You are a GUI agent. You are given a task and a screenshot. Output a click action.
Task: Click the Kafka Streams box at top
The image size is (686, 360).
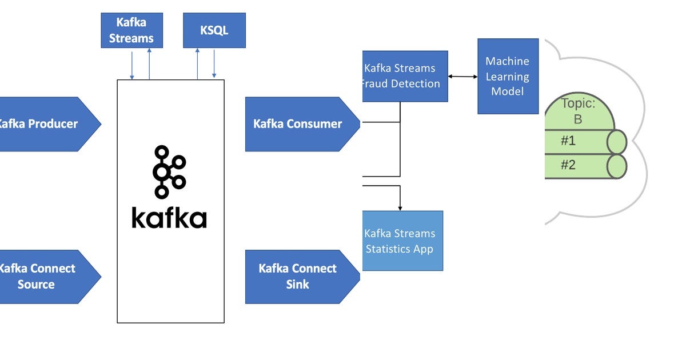point(131,30)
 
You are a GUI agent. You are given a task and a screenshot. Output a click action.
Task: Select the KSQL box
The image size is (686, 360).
point(214,30)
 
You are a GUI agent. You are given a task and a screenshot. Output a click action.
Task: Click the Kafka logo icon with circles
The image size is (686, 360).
point(169,172)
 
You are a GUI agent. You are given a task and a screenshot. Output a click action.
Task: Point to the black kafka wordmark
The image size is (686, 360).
point(169,218)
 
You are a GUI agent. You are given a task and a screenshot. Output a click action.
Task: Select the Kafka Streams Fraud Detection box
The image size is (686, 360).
point(405,76)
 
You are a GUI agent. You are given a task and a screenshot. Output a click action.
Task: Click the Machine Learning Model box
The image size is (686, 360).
point(508,76)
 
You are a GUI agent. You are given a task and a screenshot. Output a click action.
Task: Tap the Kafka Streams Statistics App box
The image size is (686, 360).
point(402,241)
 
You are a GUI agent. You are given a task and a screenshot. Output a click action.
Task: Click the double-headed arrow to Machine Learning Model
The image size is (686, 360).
point(462,76)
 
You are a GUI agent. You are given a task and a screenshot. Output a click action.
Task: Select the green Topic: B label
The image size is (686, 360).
point(579,111)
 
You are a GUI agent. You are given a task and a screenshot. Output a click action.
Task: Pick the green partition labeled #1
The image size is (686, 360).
point(577,142)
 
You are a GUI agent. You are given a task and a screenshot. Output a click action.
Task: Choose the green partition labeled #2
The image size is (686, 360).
point(577,166)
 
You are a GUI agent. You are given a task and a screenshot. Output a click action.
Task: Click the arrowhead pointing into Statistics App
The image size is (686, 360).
point(400,207)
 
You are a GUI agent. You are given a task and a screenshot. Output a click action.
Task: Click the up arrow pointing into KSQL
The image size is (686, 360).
point(198,63)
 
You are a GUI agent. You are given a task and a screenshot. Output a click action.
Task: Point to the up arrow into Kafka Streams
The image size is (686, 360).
point(149,63)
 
